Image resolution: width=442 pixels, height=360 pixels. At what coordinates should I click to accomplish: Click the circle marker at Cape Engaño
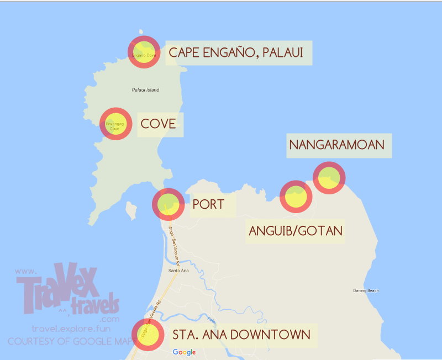click(144, 52)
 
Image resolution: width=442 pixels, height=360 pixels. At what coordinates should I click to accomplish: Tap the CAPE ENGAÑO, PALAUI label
click(239, 53)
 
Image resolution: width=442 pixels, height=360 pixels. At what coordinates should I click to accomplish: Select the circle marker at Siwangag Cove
click(115, 124)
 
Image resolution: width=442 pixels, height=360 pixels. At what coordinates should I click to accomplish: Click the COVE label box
click(159, 124)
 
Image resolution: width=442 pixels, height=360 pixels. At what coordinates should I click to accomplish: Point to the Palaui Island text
click(145, 89)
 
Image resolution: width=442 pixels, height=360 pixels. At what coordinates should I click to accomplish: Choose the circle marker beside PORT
click(169, 204)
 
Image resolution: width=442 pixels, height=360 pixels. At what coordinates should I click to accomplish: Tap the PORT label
click(209, 204)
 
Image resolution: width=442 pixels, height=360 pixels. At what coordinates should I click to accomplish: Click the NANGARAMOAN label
click(339, 145)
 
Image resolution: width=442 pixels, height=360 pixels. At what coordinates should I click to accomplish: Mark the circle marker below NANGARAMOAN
click(329, 178)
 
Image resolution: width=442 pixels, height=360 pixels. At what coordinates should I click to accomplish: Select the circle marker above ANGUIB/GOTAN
click(296, 197)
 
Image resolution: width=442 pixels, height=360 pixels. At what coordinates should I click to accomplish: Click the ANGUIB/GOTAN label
click(296, 230)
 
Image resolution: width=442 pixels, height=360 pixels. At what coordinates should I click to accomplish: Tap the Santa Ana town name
click(178, 271)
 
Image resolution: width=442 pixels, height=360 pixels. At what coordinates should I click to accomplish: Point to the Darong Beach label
click(366, 290)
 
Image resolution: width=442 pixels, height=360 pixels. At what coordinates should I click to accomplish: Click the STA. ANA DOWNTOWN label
click(241, 335)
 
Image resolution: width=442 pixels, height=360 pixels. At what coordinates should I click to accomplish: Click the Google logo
click(184, 352)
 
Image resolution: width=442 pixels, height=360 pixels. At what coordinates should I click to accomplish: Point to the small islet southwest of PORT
click(131, 210)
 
